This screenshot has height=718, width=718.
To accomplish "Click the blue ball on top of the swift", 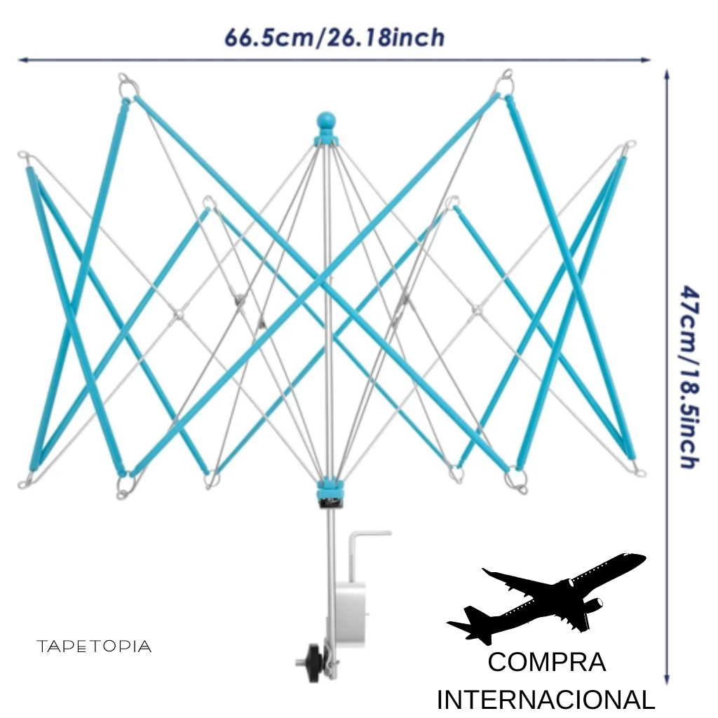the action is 326,121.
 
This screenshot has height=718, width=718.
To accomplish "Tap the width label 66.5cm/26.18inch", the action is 334,38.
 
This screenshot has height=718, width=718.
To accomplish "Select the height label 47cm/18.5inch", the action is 689,377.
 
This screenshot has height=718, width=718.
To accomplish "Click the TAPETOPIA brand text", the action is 94,646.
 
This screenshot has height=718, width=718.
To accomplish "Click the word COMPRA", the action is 547,662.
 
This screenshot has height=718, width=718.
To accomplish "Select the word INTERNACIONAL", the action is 546,700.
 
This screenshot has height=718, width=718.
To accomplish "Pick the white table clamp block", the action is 351,614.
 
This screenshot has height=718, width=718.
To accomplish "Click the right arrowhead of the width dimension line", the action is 646,60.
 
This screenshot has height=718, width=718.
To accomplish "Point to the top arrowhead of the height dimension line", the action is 668,74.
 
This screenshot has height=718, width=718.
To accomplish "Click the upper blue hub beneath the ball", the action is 326,140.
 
